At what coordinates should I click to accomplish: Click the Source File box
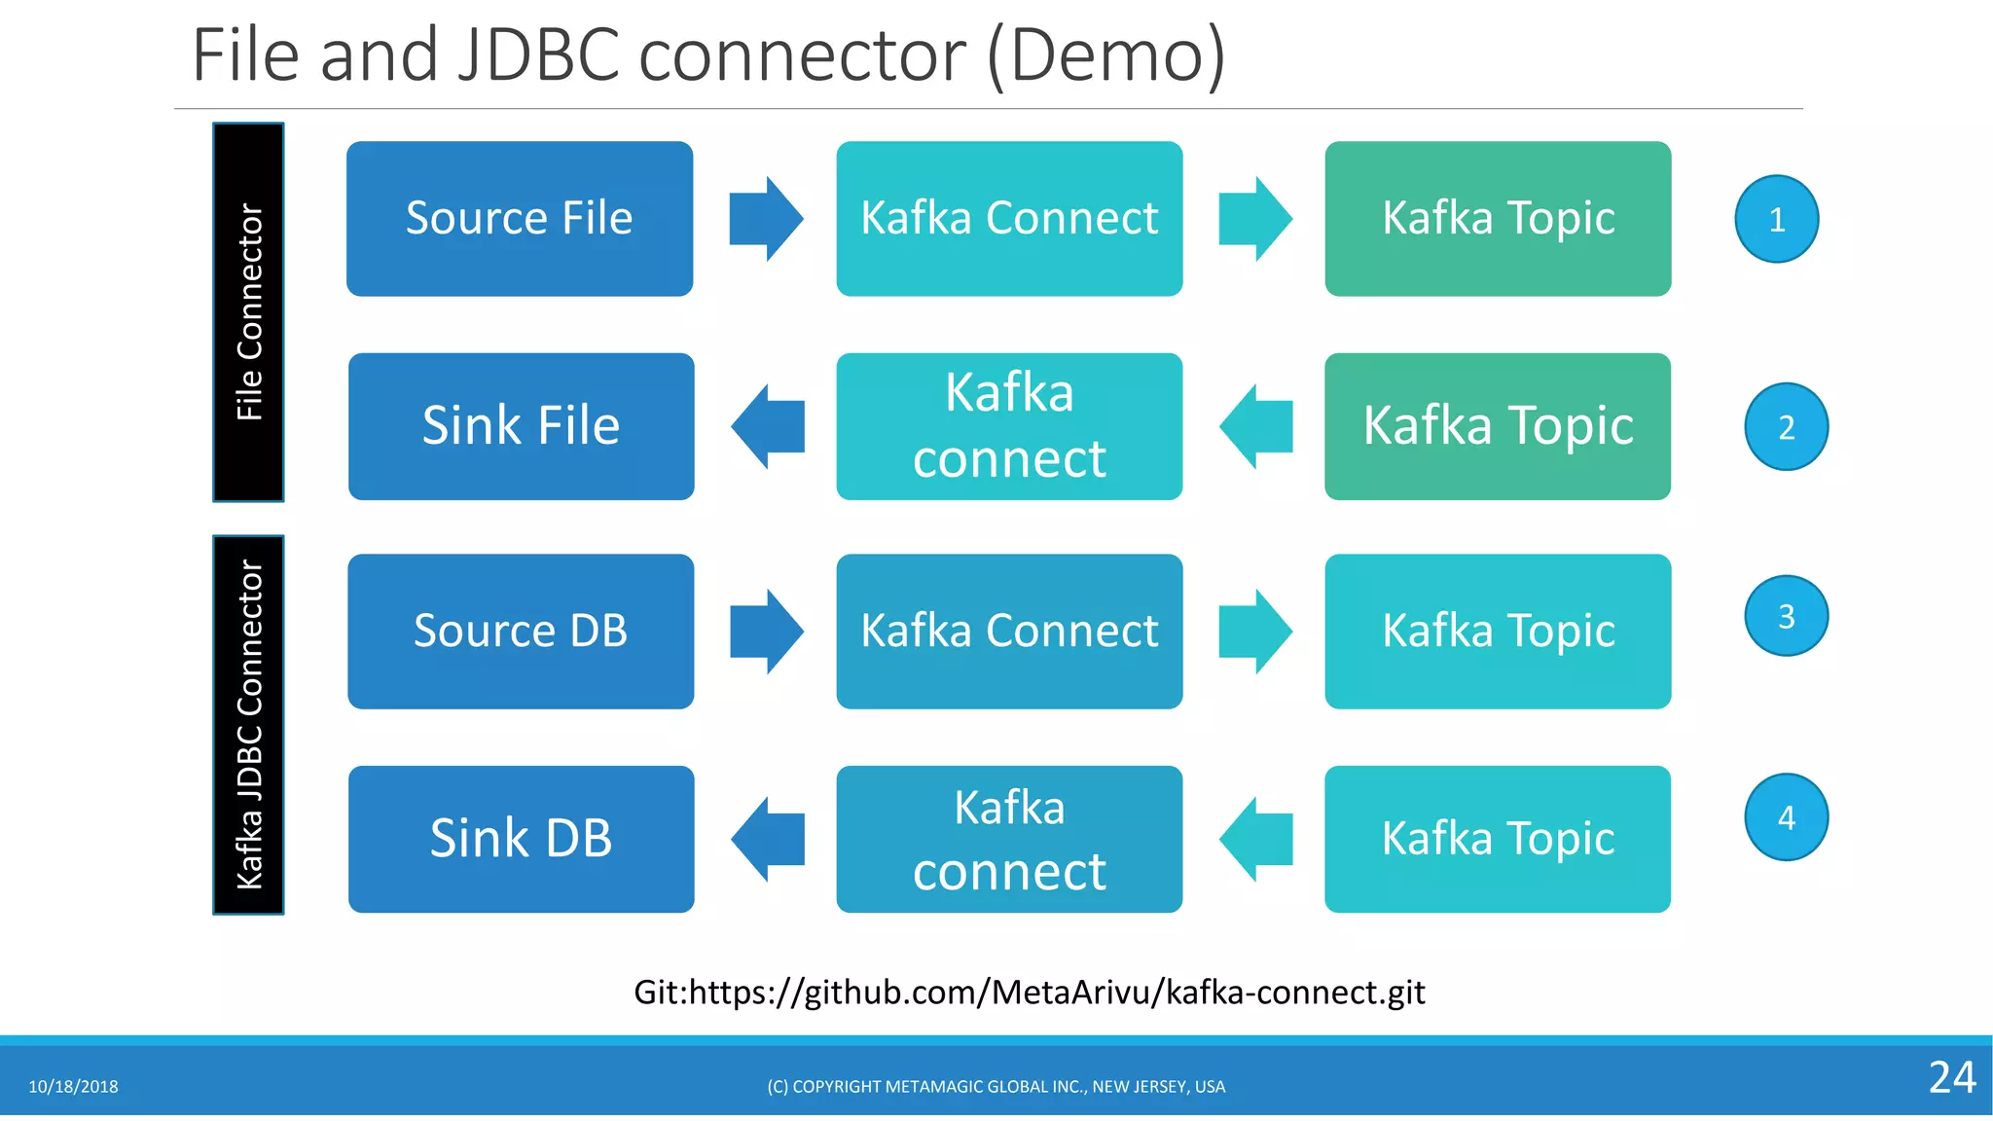[x=520, y=218]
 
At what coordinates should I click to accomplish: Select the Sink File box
[x=521, y=426]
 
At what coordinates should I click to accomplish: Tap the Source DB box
[x=521, y=631]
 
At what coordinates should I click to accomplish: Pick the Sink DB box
[x=521, y=839]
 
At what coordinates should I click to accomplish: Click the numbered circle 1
[x=1776, y=219]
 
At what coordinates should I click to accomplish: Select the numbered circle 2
[x=1786, y=427]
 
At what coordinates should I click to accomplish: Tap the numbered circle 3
[x=1786, y=616]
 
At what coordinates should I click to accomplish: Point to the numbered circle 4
[x=1786, y=817]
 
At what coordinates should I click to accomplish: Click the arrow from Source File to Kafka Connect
[x=766, y=218]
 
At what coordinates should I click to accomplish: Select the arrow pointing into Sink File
[x=767, y=426]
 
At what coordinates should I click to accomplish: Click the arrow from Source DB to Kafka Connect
[x=766, y=631]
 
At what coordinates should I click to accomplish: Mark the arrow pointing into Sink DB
[x=767, y=839]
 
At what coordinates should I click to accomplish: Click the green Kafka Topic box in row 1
[x=1498, y=218]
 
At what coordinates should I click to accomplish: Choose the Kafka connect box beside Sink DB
[x=1009, y=839]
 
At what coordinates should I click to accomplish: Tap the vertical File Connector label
[x=249, y=311]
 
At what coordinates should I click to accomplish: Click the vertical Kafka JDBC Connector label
[x=249, y=724]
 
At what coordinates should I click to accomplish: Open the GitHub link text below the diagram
[x=1029, y=992]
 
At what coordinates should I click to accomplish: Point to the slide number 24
[x=1951, y=1077]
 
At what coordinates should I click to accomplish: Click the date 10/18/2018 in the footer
[x=73, y=1086]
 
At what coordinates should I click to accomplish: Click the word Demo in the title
[x=1106, y=55]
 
